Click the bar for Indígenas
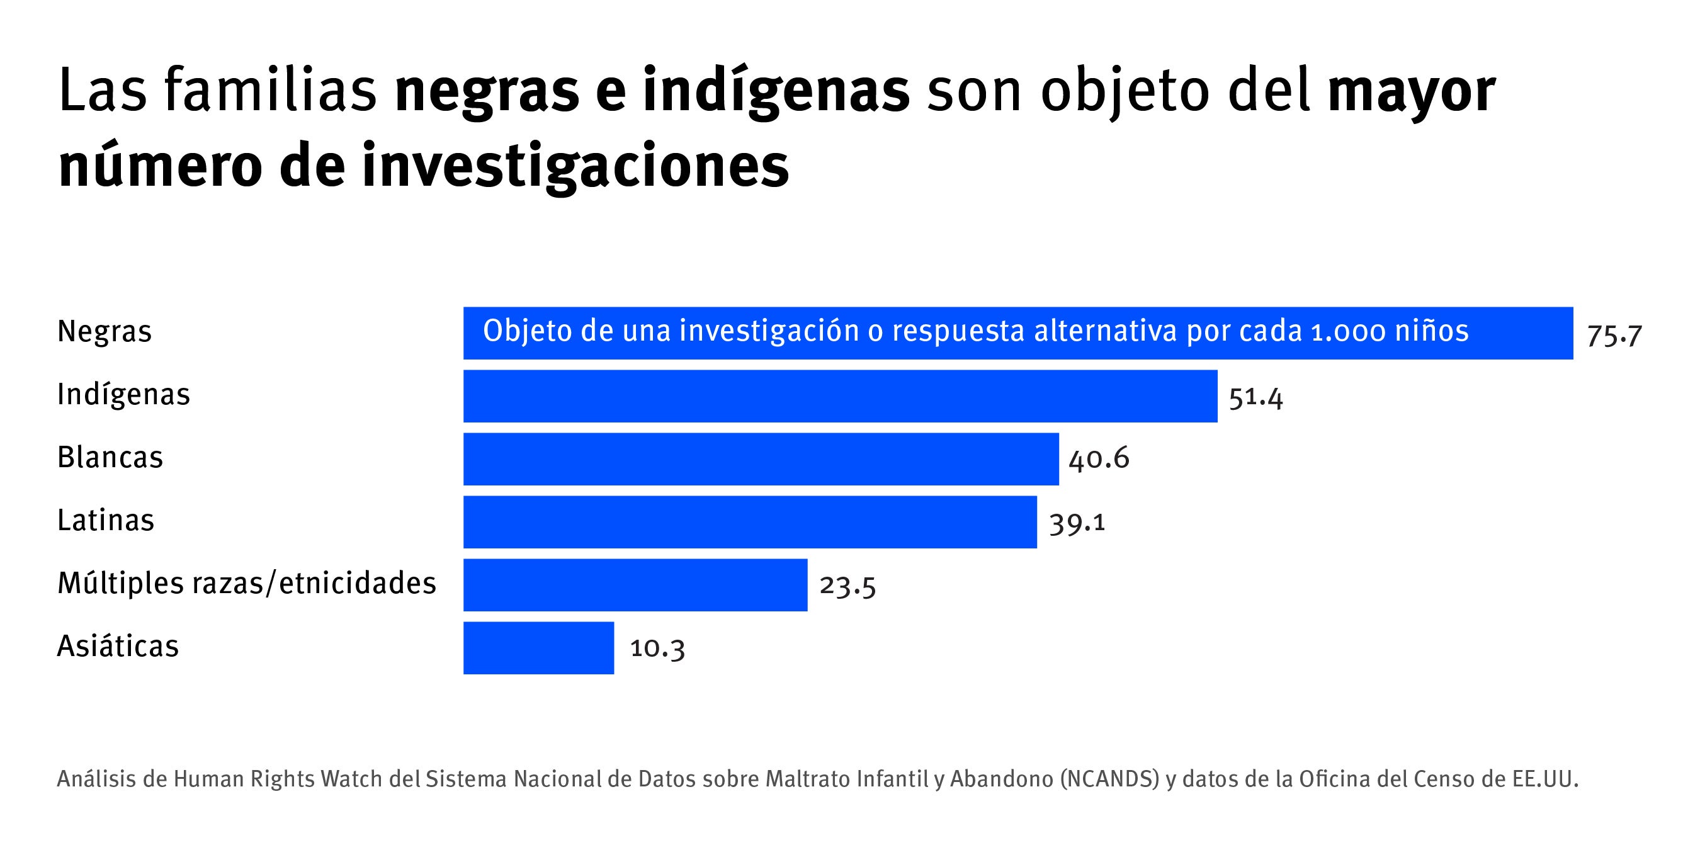839,396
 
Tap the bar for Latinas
750,522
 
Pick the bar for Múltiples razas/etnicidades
635,585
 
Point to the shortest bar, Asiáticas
538,647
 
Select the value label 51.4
1255,398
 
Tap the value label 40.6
1099,458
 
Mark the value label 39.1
1077,523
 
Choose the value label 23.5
847,586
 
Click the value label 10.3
657,648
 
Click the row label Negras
105,331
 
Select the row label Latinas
106,521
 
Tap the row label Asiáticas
118,646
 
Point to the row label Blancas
110,457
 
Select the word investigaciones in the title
575,166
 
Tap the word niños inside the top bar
1432,331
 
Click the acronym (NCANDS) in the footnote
1109,779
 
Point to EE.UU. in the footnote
1545,779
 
